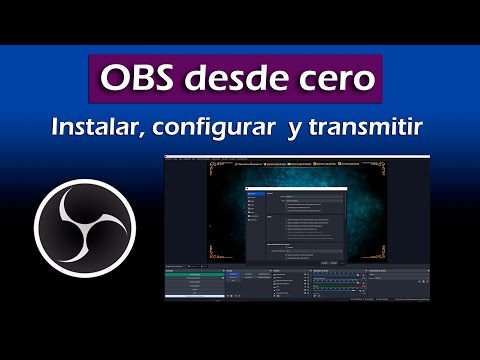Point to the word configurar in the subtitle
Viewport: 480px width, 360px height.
coord(217,129)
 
